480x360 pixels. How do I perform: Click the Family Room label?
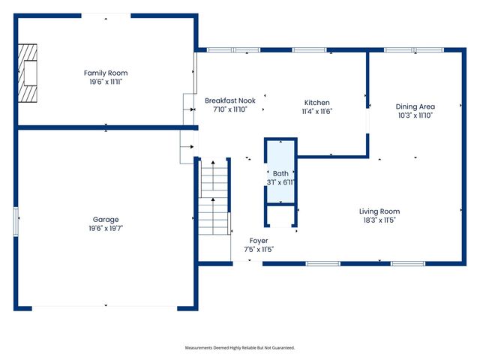coord(106,73)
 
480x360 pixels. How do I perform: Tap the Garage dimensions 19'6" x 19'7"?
coord(106,228)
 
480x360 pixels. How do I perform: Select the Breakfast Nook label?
coord(230,100)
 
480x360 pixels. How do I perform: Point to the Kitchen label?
coord(316,103)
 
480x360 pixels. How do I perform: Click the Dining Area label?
coord(415,106)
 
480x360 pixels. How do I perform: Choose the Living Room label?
coord(379,211)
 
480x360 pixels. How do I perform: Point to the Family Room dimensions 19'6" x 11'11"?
coord(106,82)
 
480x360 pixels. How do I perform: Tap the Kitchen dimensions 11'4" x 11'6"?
coord(316,111)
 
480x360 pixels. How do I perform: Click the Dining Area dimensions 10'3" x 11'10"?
coord(415,115)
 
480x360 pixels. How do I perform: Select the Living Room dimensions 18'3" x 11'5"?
coord(379,220)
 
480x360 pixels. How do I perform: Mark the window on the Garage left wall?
coord(16,222)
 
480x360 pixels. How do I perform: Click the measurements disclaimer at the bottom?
coord(240,348)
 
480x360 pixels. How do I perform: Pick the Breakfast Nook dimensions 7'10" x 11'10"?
coord(230,109)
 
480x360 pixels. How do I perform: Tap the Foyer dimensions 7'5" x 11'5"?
coord(259,249)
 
